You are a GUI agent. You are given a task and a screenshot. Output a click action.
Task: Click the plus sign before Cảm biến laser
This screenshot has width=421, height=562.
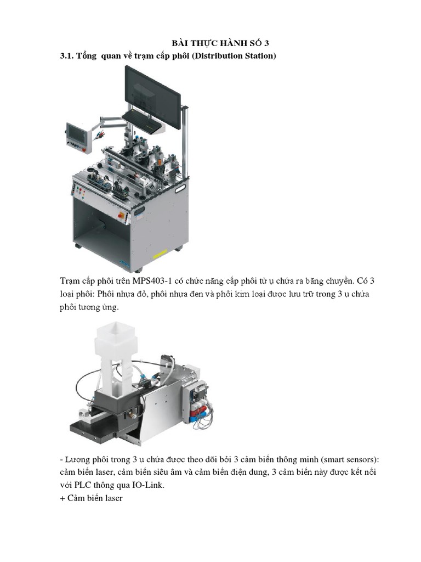tap(62, 498)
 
